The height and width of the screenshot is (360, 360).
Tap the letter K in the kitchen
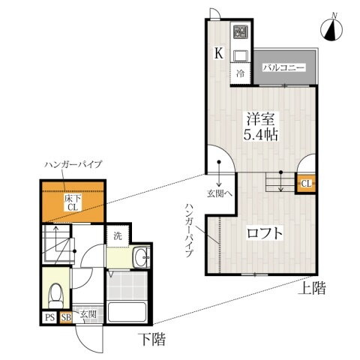click(x=218, y=52)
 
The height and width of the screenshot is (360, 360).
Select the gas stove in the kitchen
click(x=240, y=32)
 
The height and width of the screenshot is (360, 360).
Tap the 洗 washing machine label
click(x=118, y=235)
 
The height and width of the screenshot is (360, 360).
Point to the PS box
click(x=49, y=317)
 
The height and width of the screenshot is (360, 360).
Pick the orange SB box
click(x=65, y=317)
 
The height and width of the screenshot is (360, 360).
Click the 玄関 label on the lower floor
click(x=88, y=315)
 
